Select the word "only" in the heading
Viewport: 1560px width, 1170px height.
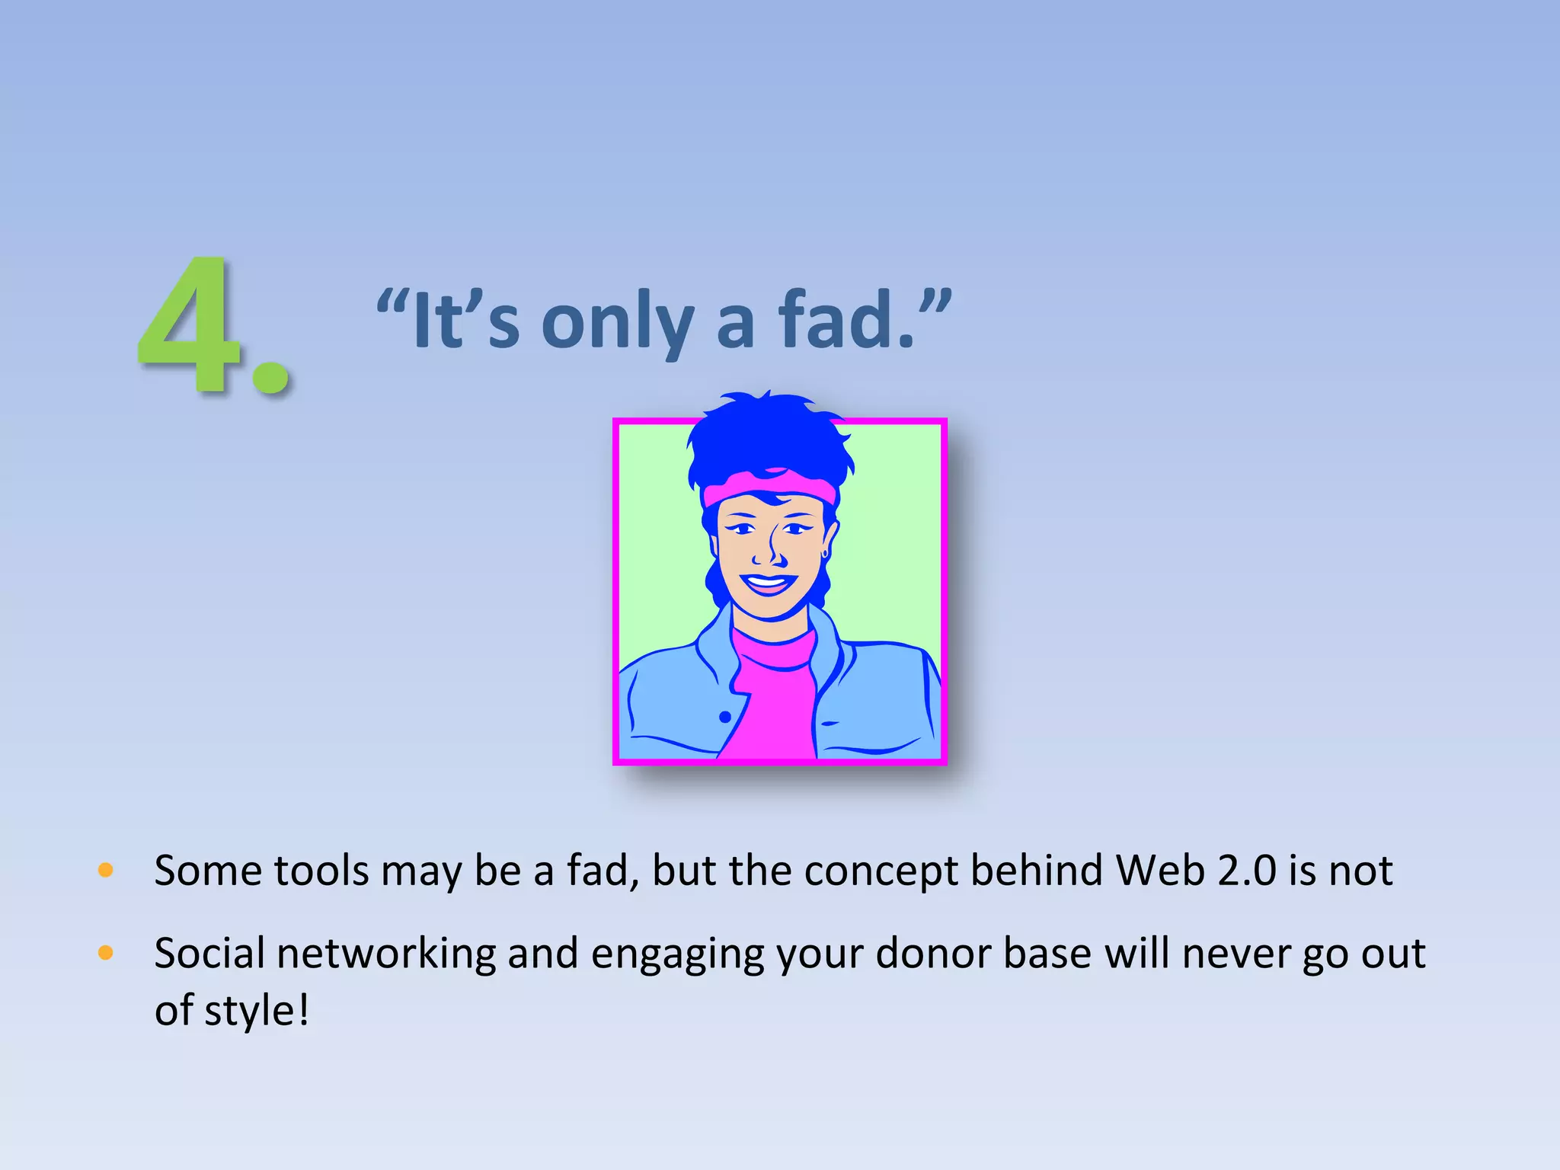tap(617, 324)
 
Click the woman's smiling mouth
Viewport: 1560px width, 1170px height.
tap(768, 584)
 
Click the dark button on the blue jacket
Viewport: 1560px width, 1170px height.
tap(724, 717)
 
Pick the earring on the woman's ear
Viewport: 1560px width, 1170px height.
tap(825, 553)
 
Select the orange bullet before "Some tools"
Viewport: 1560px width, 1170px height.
tap(106, 870)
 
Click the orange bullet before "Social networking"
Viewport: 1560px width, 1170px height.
tap(106, 952)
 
